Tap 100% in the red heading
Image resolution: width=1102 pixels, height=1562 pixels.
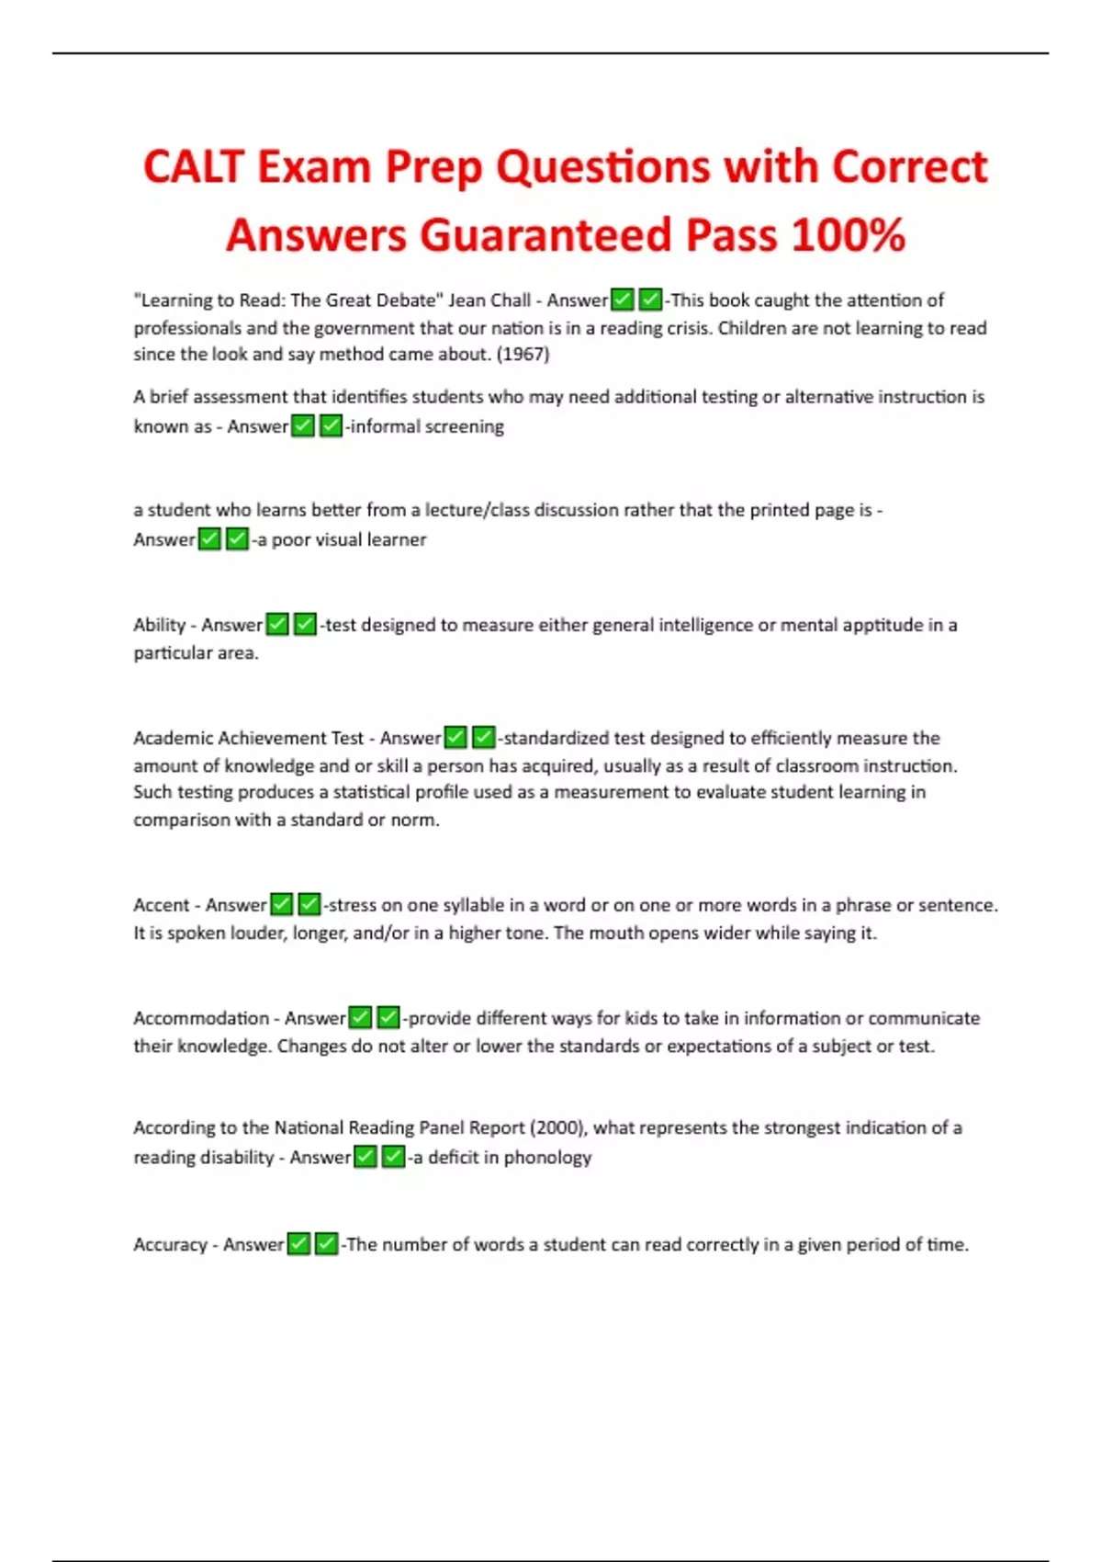pyautogui.click(x=848, y=235)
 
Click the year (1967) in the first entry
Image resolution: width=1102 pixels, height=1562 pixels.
pyautogui.click(x=523, y=355)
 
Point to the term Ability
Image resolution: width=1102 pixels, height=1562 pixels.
pyautogui.click(x=159, y=625)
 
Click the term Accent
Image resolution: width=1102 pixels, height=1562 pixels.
pyautogui.click(x=161, y=905)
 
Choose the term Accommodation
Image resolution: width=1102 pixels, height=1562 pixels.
pyautogui.click(x=201, y=1018)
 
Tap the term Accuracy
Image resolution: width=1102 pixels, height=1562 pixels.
pyautogui.click(x=170, y=1244)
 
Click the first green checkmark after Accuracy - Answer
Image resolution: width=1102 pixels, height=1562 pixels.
pyautogui.click(x=298, y=1244)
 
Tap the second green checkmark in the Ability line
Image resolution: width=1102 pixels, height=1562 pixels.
pyautogui.click(x=306, y=625)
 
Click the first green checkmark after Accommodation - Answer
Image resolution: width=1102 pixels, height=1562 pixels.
pyautogui.click(x=360, y=1018)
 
